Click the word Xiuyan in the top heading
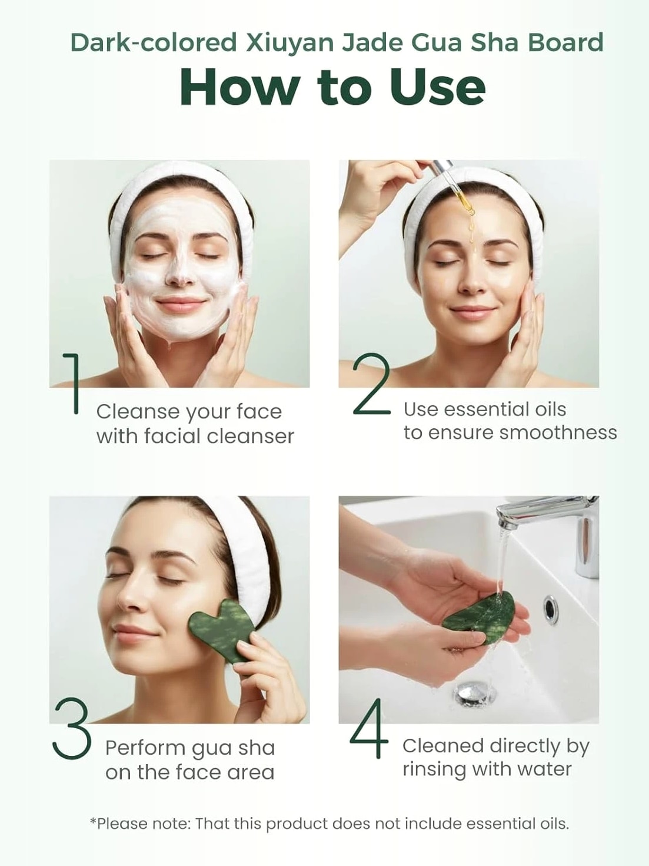tap(291, 42)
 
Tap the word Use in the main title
tap(437, 87)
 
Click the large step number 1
tap(73, 383)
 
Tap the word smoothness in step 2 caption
tap(558, 433)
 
